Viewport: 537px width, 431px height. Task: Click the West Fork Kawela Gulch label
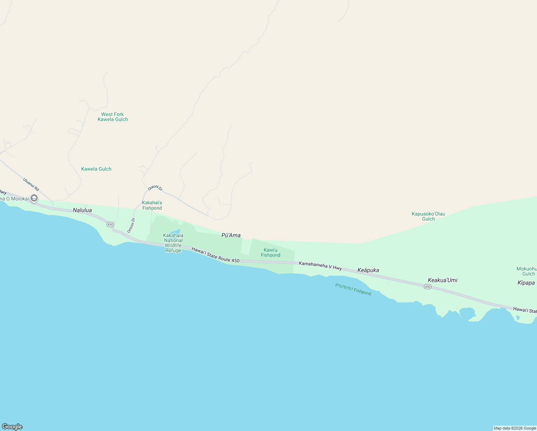(x=113, y=117)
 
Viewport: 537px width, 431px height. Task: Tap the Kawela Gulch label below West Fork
(x=96, y=169)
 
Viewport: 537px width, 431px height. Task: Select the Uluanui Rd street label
(x=31, y=184)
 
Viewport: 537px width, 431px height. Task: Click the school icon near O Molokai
(x=34, y=198)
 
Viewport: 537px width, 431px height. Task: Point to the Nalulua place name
(x=82, y=210)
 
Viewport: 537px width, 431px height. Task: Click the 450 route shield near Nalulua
(x=110, y=224)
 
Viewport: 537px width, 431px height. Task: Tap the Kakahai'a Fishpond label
(x=152, y=205)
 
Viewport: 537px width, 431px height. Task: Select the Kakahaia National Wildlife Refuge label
(x=173, y=243)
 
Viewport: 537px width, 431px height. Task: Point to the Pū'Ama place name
(x=231, y=235)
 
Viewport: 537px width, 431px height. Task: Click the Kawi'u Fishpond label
(x=271, y=252)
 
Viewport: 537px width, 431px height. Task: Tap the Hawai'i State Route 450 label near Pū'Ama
(x=215, y=255)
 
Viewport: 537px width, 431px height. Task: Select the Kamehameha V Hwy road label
(x=320, y=266)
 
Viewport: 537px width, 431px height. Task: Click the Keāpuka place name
(x=368, y=270)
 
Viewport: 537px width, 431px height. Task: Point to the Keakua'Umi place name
(x=443, y=280)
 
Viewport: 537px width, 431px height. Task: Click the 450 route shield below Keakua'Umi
(x=428, y=287)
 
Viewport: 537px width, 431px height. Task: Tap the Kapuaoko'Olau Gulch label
(x=428, y=216)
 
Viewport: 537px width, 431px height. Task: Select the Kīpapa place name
(x=526, y=283)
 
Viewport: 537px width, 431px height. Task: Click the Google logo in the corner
(x=12, y=427)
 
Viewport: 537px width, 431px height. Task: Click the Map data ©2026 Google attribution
(x=515, y=428)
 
